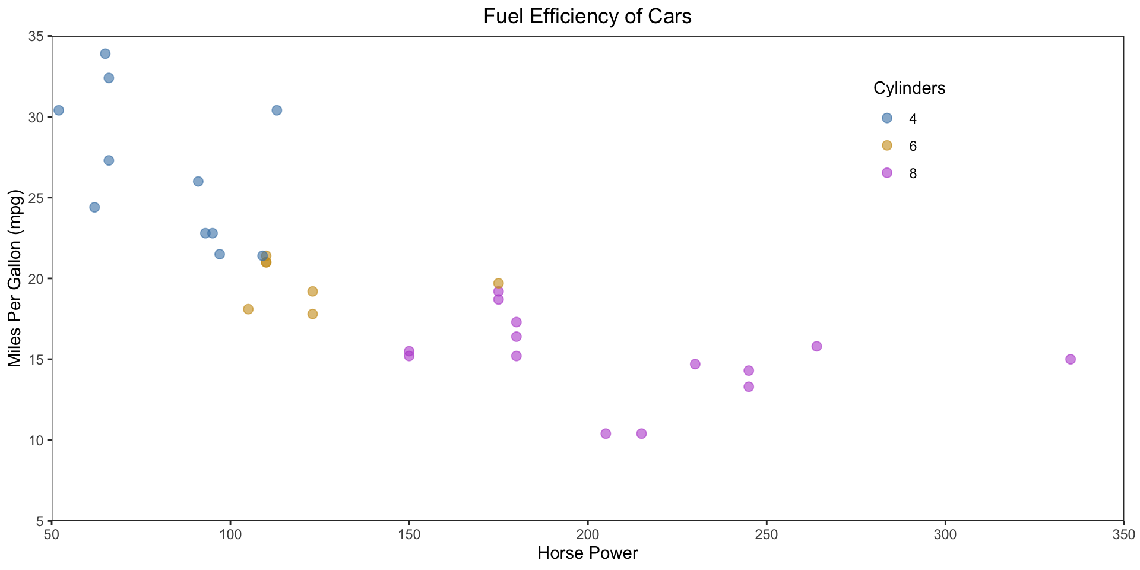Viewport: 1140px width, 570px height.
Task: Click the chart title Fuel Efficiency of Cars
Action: [587, 17]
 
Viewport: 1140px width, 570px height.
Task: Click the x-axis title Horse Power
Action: [587, 553]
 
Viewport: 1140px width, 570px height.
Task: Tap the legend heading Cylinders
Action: [909, 88]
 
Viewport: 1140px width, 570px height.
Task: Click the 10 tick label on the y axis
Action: [37, 441]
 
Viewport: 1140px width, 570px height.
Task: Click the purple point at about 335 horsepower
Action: [1071, 359]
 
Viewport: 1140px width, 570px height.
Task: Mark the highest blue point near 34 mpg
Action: [105, 54]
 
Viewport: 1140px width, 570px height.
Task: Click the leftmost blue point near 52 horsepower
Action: [59, 110]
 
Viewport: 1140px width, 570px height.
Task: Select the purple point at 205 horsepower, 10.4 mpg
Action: [606, 433]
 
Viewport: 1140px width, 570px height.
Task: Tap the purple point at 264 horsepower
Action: [816, 346]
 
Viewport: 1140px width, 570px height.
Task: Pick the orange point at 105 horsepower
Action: [248, 309]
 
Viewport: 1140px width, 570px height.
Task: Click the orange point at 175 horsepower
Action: [498, 283]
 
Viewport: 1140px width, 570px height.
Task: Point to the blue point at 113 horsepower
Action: [277, 110]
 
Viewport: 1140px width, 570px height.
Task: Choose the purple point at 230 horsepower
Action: [695, 364]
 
